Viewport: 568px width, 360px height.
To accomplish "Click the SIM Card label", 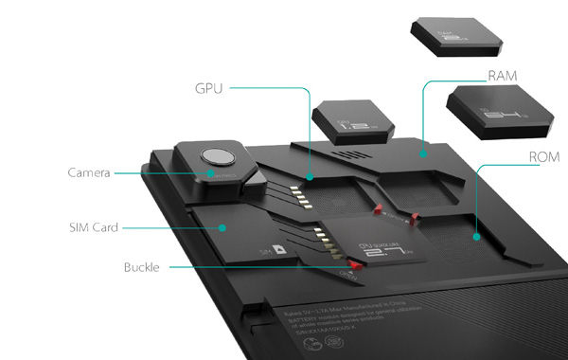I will coord(94,227).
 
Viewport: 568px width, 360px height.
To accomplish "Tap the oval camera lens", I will coord(217,157).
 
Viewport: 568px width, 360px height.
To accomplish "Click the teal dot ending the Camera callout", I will coord(210,174).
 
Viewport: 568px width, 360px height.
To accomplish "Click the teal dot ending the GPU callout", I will coord(310,175).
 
